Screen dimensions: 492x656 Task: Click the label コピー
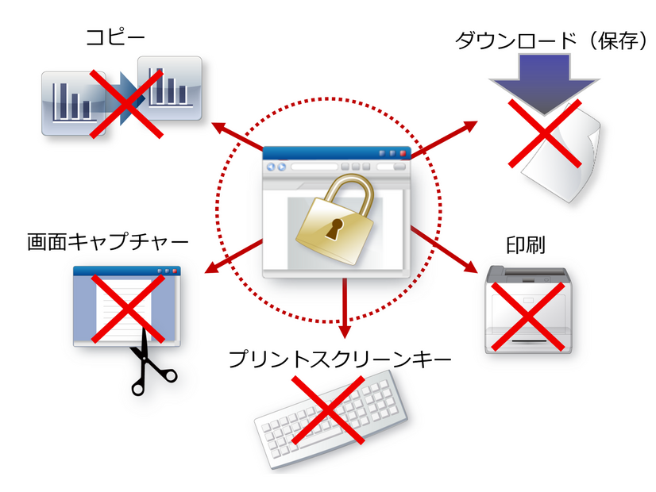point(117,37)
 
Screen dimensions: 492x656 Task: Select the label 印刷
point(524,244)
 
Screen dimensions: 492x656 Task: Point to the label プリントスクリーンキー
point(339,359)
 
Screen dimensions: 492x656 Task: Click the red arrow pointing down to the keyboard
point(344,306)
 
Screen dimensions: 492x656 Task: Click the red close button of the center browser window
point(403,153)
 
